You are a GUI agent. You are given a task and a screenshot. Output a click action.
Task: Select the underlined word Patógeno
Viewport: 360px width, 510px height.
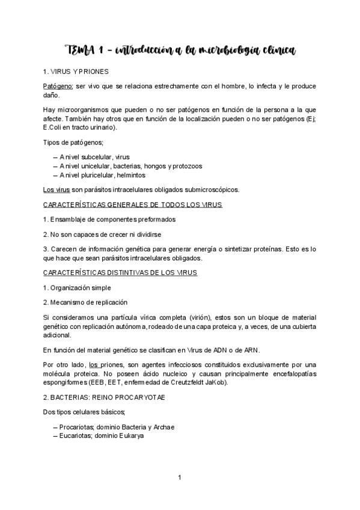pyautogui.click(x=58, y=86)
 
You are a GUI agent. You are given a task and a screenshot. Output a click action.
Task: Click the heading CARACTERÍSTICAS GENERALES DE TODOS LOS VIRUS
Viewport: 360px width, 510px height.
pyautogui.click(x=133, y=205)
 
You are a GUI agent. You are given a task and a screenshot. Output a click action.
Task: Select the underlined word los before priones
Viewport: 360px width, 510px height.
pyautogui.click(x=93, y=365)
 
